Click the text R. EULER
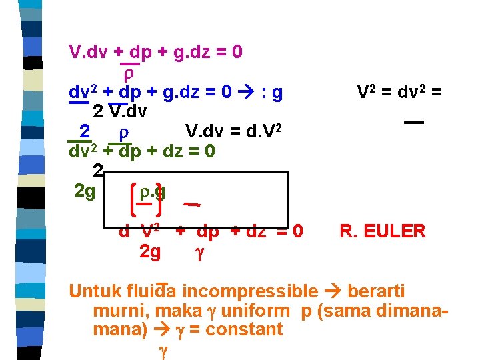point(382,231)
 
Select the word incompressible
point(250,291)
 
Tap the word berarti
point(376,291)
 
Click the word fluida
point(151,291)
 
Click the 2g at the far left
point(85,192)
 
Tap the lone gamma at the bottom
point(161,349)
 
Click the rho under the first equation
point(131,71)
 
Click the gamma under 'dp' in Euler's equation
point(198,252)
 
